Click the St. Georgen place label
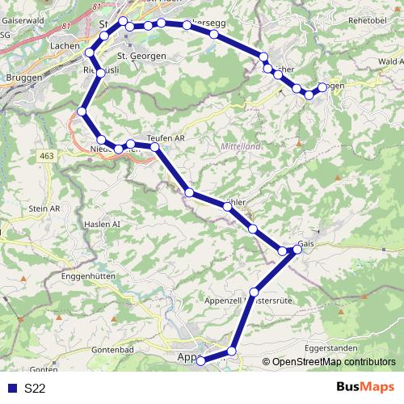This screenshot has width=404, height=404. (141, 56)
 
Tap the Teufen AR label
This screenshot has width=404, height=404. (166, 138)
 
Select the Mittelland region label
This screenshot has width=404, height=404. (240, 147)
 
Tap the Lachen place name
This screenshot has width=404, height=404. (64, 46)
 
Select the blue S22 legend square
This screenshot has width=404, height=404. (11, 388)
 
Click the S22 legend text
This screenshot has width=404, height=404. (35, 388)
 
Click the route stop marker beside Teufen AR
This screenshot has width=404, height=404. (155, 147)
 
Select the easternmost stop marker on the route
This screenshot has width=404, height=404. (322, 87)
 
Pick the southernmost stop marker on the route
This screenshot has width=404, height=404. (200, 360)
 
